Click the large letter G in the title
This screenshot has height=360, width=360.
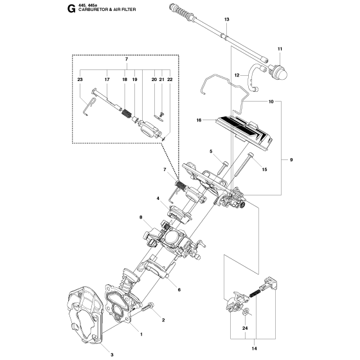(x=71, y=8)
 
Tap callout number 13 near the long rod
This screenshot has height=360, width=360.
(x=226, y=19)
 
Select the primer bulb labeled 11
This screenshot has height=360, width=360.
(x=279, y=71)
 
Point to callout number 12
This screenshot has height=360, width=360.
(x=237, y=75)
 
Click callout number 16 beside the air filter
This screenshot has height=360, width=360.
(x=199, y=120)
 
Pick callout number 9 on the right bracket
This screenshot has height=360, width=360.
(x=291, y=160)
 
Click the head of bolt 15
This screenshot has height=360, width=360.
(x=251, y=155)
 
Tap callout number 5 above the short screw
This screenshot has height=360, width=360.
(x=211, y=151)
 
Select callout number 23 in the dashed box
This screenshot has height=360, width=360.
(x=80, y=80)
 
